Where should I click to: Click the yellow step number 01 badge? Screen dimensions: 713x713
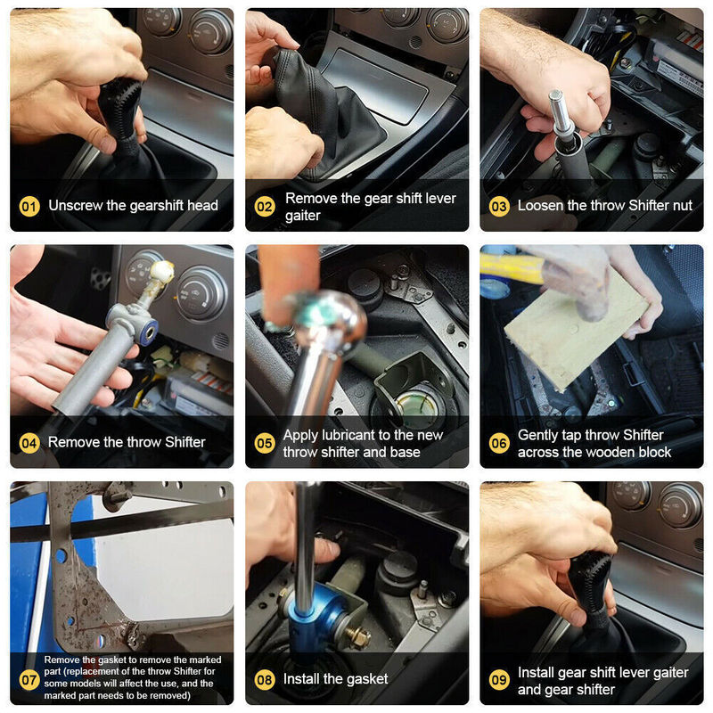(x=29, y=207)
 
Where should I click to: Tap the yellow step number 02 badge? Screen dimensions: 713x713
(x=264, y=207)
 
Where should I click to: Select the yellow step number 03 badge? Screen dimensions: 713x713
(x=499, y=207)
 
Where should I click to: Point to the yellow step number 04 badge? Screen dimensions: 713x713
(x=29, y=443)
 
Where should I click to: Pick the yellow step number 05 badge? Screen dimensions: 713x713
(x=264, y=443)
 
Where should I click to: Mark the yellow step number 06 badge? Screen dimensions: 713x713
(x=499, y=443)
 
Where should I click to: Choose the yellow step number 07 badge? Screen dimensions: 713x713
(x=29, y=680)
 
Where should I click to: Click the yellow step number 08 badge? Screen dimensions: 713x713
(x=264, y=680)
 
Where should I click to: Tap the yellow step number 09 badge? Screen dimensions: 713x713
(x=499, y=680)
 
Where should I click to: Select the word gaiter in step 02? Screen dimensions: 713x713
(x=303, y=216)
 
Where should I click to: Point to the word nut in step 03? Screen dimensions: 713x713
(x=682, y=206)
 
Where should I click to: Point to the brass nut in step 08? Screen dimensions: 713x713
(x=358, y=636)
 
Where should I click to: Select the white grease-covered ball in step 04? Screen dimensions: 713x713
(x=162, y=272)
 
